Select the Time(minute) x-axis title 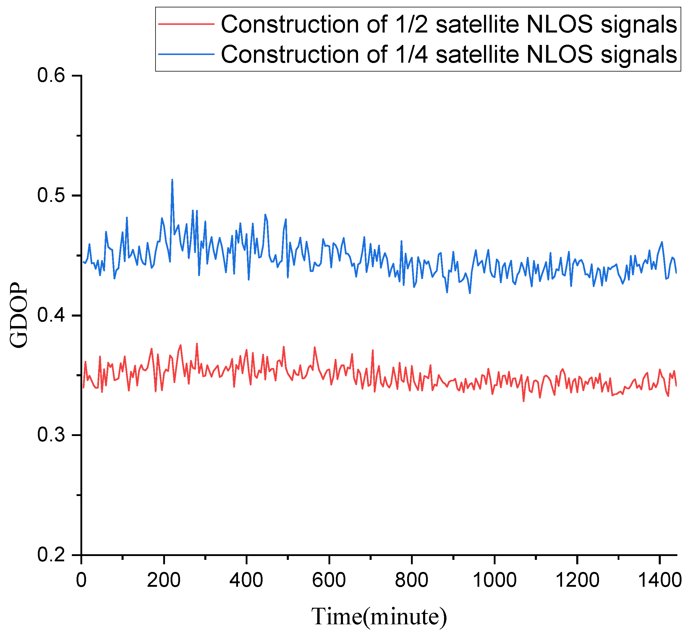coord(379,617)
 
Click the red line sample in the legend coord(186,24)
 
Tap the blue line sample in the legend coord(186,54)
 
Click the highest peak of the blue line coord(172,180)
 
